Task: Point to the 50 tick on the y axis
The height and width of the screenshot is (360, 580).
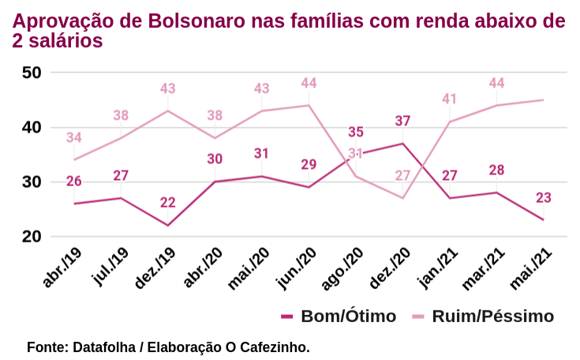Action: point(32,73)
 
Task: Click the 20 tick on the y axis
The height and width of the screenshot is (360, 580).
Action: point(32,237)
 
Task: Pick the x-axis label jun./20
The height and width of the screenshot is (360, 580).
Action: point(297,267)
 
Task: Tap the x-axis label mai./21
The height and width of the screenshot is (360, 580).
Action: point(531,267)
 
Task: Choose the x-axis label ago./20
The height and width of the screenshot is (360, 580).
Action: point(343,267)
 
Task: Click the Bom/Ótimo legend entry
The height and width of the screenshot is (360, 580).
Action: point(348,317)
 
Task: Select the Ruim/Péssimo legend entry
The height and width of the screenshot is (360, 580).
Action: point(492,317)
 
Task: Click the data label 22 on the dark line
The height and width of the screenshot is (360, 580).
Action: point(167,203)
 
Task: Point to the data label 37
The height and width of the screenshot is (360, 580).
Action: point(402,122)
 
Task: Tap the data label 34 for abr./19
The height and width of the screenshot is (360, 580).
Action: point(74,138)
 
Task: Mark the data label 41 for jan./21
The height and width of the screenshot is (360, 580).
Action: point(450,99)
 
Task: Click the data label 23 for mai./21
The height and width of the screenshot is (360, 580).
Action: point(543,198)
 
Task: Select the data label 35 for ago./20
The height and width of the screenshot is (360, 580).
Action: point(356,133)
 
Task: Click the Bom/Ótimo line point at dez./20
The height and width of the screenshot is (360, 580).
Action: point(402,143)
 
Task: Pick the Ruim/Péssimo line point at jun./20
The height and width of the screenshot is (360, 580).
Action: point(309,105)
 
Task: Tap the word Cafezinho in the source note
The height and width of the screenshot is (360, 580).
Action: point(277,347)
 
